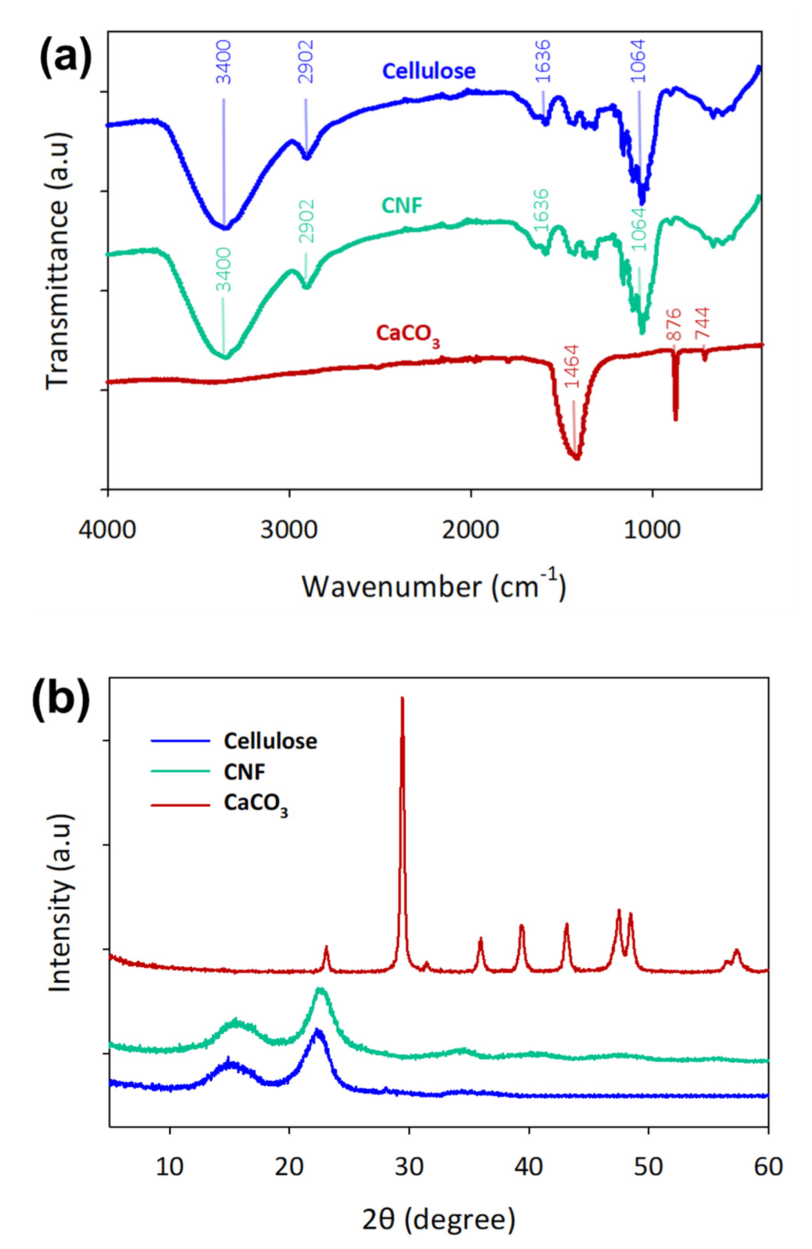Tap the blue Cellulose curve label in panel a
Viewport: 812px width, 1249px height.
click(429, 70)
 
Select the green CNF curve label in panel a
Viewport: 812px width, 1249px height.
click(402, 205)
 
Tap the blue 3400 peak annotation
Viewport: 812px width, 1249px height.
click(224, 62)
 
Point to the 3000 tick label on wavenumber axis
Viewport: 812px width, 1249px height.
click(289, 530)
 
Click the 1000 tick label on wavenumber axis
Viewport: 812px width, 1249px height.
click(652, 530)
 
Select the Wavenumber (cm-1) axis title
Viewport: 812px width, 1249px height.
click(434, 587)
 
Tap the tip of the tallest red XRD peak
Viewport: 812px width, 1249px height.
click(402, 698)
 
